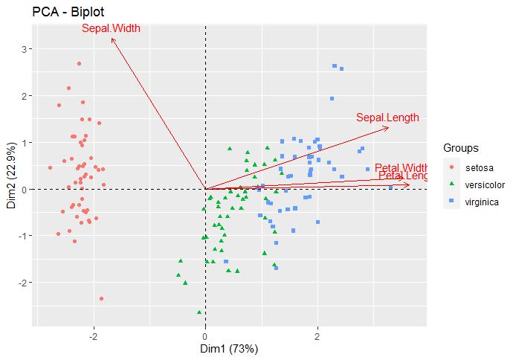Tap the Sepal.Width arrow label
tap(111, 29)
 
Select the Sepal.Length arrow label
tap(387, 118)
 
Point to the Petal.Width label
tap(401, 167)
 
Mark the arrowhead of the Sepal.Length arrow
tap(388, 127)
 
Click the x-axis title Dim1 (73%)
tap(230, 348)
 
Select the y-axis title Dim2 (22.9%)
tap(11, 176)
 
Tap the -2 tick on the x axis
tap(94, 336)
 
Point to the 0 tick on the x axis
tap(205, 336)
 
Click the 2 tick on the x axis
tap(317, 336)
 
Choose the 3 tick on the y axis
tap(25, 49)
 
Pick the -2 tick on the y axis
tap(22, 283)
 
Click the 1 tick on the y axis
tap(25, 143)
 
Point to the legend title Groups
tap(459, 147)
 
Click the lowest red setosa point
tap(101, 298)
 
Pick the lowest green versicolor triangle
tap(199, 312)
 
